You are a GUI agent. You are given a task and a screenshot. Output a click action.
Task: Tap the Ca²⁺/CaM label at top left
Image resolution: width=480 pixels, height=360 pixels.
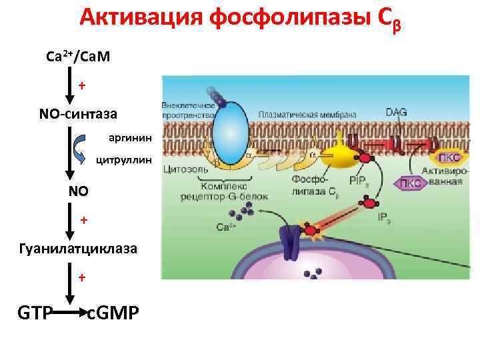(78, 58)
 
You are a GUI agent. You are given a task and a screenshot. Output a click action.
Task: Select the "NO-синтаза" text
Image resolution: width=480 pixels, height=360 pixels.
(78, 114)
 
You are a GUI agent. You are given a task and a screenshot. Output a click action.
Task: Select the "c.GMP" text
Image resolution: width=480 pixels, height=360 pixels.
(113, 312)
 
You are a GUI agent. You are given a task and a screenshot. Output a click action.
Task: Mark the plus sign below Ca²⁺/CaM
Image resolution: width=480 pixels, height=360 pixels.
(82, 85)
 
